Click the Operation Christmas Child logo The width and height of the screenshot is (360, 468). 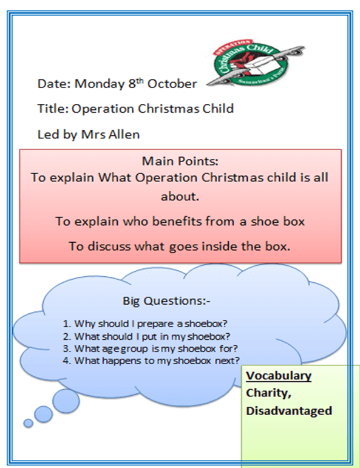[x=256, y=62]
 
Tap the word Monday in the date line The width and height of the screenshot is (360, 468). [x=100, y=84]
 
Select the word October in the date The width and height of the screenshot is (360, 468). [x=172, y=84]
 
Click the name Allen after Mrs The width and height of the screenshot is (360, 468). [x=124, y=134]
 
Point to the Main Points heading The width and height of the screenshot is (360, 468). [x=180, y=161]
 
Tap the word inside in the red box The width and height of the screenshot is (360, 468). [x=215, y=246]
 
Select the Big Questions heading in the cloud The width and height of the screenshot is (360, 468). [x=166, y=301]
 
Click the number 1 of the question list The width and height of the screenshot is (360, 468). [x=67, y=324]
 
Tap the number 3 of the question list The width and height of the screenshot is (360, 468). [x=67, y=348]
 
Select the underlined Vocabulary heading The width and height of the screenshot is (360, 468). [x=279, y=376]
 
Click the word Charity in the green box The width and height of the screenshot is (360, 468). [x=268, y=393]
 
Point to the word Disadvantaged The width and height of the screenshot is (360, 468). [x=289, y=411]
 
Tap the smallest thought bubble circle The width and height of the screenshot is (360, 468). [x=29, y=423]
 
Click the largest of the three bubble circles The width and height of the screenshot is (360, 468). [x=66, y=401]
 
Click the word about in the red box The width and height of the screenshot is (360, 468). [x=180, y=197]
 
